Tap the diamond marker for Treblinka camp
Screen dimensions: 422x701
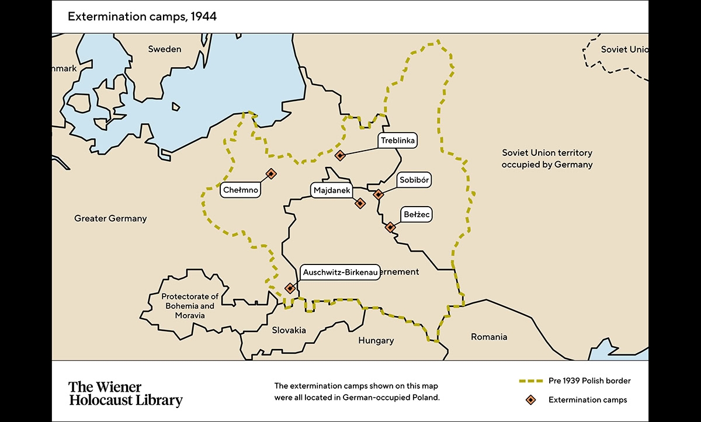(340, 155)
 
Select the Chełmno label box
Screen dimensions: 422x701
(240, 190)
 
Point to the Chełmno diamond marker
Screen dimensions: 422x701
(271, 173)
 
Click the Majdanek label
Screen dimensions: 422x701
(332, 191)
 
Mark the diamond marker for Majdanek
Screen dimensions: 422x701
(360, 203)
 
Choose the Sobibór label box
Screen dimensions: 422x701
(414, 180)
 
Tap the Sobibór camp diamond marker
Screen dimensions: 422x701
(379, 194)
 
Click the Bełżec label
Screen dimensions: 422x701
(417, 215)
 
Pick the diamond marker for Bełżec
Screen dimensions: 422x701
(390, 227)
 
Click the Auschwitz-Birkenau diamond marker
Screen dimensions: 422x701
(290, 288)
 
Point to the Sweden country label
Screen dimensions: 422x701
(164, 49)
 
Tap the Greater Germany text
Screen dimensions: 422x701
(110, 218)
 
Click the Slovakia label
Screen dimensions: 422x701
(289, 330)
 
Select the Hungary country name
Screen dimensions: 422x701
(376, 340)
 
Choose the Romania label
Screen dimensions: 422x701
(490, 337)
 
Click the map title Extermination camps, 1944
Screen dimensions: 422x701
(142, 16)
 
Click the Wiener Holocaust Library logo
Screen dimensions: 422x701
(126, 394)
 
